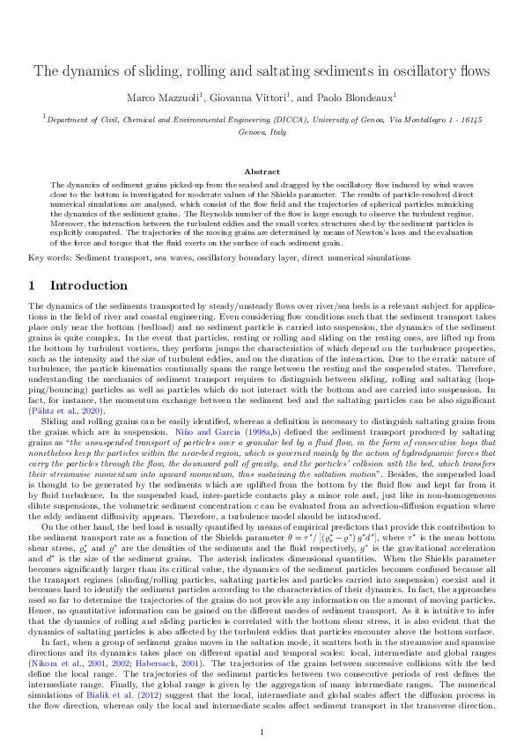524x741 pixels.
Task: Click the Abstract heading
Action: click(262, 172)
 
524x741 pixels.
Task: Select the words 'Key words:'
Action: click(48, 258)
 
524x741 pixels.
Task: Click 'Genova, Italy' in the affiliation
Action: click(262, 130)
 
